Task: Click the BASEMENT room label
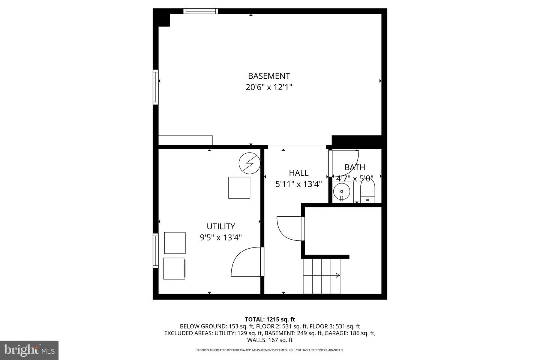click(269, 76)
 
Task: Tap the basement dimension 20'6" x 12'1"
click(269, 87)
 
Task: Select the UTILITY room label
click(221, 226)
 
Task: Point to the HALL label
click(298, 173)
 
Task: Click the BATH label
click(355, 167)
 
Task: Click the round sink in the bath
click(342, 192)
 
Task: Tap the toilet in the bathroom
click(367, 191)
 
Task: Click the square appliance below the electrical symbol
click(239, 187)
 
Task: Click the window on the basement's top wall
click(201, 11)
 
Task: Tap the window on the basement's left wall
click(155, 87)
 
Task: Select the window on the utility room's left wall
click(155, 250)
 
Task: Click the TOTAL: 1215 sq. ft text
click(270, 319)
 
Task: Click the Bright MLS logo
click(29, 350)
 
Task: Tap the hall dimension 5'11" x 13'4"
click(298, 184)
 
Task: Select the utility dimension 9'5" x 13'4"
click(221, 237)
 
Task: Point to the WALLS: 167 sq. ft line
click(270, 340)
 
